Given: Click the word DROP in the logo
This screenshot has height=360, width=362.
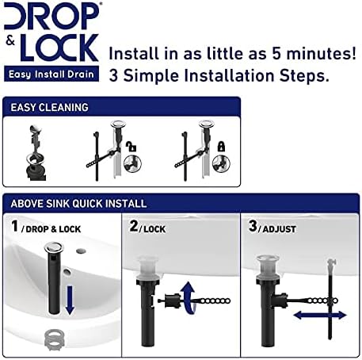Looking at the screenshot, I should click(x=54, y=17).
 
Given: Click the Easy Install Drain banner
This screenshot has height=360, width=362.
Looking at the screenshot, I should click(x=53, y=74).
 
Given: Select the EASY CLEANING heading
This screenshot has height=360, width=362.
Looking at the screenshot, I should click(x=49, y=107).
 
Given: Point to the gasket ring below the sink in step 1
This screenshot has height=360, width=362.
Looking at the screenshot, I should click(x=52, y=335).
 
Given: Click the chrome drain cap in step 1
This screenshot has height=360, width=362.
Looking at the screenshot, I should click(x=49, y=270).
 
